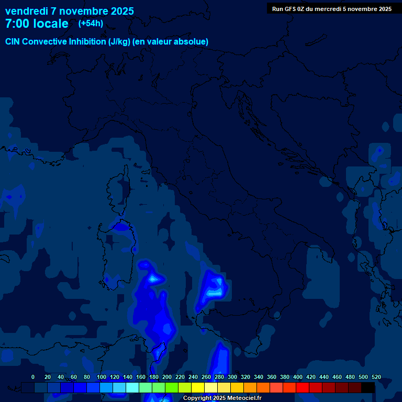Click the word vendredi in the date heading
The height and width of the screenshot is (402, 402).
[26, 11]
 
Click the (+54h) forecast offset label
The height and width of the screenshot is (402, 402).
[91, 24]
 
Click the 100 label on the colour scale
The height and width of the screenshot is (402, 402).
[102, 377]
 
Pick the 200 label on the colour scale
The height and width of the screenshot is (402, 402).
[167, 377]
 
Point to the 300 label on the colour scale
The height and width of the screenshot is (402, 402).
[232, 377]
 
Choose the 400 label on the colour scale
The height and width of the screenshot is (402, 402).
[298, 377]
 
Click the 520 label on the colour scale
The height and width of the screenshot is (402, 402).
[376, 377]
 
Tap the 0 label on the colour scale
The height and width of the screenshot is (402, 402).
[33, 377]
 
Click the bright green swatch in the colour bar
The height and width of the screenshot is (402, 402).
[172, 387]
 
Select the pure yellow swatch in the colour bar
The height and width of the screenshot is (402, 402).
[198, 387]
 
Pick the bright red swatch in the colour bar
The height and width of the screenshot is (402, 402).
[303, 387]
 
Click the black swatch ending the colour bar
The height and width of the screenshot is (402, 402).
[368, 387]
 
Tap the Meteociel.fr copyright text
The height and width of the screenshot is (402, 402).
[222, 398]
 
